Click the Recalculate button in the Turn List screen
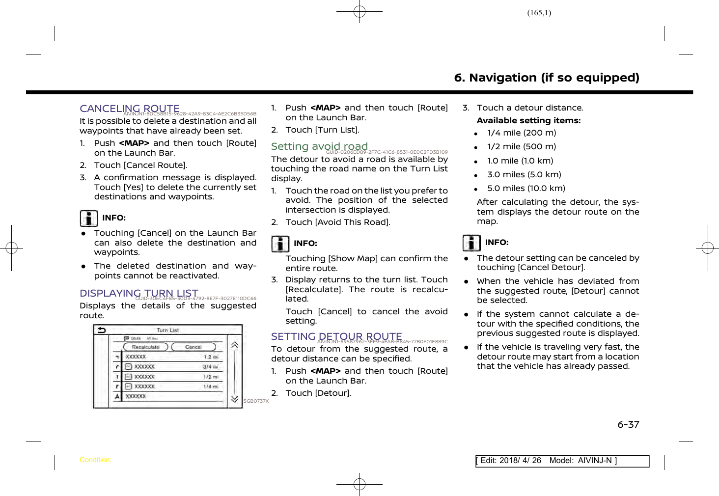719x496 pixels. click(x=145, y=347)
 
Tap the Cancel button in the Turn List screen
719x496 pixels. click(x=193, y=347)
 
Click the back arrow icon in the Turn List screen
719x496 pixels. click(x=102, y=331)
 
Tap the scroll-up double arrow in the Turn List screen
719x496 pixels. click(x=235, y=345)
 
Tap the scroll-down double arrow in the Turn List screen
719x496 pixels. click(x=235, y=399)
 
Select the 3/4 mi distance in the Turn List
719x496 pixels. click(x=211, y=367)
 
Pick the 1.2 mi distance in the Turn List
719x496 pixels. click(x=211, y=357)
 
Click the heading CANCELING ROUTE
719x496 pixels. click(x=130, y=109)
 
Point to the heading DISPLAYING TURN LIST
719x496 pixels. click(x=139, y=293)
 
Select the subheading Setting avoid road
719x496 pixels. click(x=319, y=146)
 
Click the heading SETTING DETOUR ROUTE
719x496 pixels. click(x=336, y=336)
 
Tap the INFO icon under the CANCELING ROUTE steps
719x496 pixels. click(x=89, y=218)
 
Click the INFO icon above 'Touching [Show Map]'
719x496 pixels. click(x=280, y=244)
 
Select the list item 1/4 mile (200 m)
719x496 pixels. click(x=522, y=133)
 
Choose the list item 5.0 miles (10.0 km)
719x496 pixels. click(x=526, y=189)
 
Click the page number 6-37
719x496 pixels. click(x=628, y=425)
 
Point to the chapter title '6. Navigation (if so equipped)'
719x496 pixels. click(x=547, y=78)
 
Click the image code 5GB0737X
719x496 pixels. click(x=256, y=401)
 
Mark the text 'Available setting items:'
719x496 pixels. click(x=528, y=121)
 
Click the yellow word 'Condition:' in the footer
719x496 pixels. click(x=95, y=460)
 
